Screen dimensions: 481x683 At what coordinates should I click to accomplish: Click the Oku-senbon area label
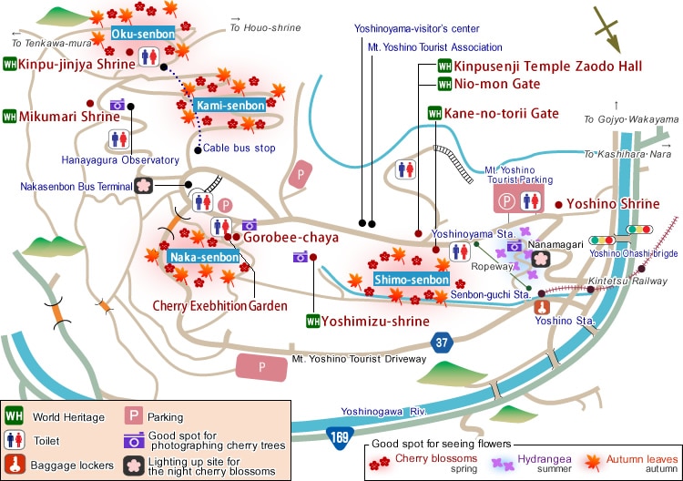coord(138,33)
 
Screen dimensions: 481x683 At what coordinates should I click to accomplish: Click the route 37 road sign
coord(443,343)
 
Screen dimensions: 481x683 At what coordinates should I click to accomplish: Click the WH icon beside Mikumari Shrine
coord(10,116)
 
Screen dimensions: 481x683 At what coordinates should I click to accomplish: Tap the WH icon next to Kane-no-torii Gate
coord(434,114)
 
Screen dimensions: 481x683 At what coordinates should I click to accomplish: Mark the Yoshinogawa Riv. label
coord(384,412)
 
